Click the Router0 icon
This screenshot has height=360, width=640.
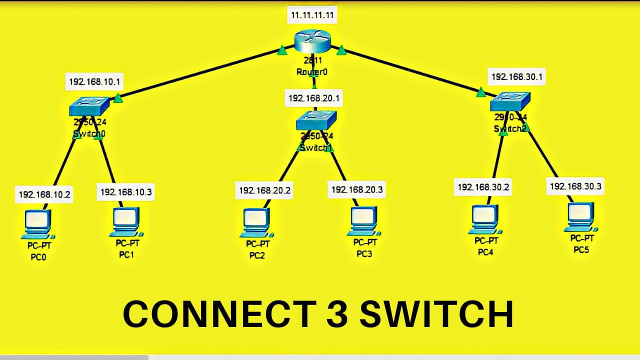tap(312, 41)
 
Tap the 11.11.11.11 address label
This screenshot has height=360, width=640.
tap(312, 15)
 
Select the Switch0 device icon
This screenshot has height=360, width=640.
tap(89, 106)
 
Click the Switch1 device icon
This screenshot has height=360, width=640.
tap(316, 120)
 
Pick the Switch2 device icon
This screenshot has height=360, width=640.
tap(509, 102)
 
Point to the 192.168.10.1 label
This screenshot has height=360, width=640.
tap(94, 81)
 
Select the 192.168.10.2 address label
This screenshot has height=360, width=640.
tap(44, 194)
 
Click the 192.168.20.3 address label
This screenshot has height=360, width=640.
tap(357, 189)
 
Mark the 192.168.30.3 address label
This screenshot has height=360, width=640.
tap(575, 186)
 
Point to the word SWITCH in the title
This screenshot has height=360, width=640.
tap(436, 314)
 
